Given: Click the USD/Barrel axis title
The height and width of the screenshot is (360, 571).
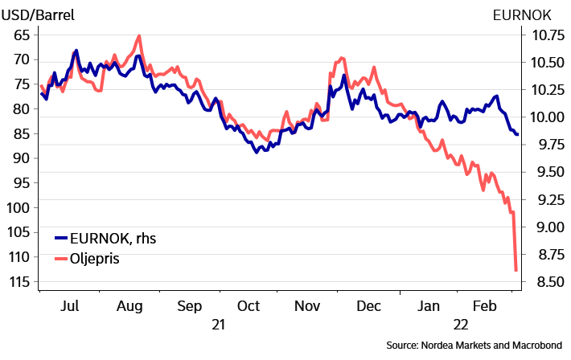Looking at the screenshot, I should click(37, 15).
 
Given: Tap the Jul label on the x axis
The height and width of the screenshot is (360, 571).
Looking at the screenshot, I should click(70, 306).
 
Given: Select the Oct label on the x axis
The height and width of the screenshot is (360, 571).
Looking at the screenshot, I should click(249, 306).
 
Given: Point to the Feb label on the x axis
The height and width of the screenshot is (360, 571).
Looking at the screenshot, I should click(484, 306).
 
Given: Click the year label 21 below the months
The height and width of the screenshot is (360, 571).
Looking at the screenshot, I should click(218, 325).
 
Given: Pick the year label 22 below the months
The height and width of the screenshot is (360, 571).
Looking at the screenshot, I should click(461, 325).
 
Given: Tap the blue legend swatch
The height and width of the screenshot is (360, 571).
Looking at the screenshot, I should click(61, 238).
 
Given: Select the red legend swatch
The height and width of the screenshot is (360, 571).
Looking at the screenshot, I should click(61, 259).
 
